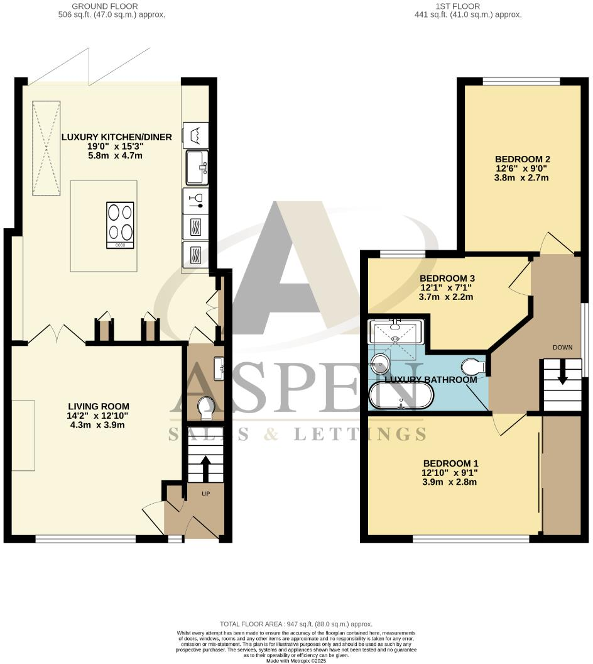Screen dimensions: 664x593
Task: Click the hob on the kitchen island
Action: (119, 225)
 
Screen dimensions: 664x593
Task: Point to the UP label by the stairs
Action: (205, 494)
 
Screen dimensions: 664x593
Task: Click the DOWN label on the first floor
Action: (562, 347)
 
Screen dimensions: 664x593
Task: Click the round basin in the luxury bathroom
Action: (381, 363)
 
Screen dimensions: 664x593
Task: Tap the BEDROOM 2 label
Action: (521, 159)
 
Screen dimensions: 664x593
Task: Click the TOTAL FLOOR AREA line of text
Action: (296, 623)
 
